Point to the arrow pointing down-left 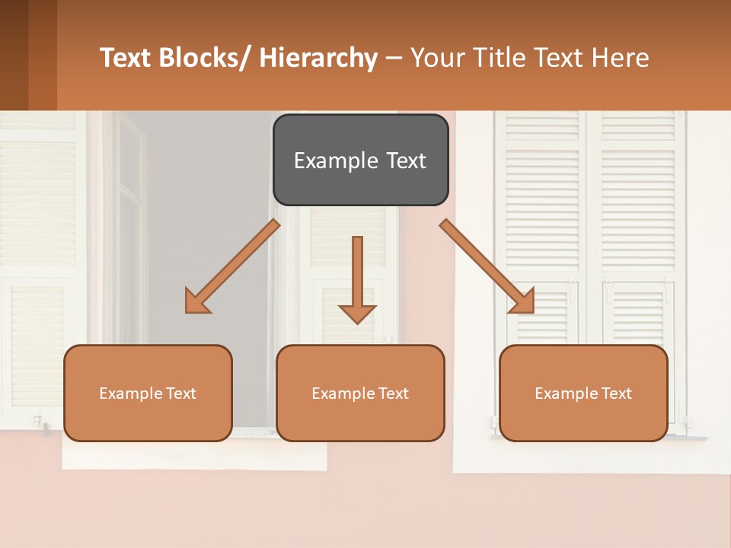(233, 266)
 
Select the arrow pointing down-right (487, 266)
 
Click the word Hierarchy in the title (318, 58)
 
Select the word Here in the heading (621, 58)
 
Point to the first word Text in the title (126, 58)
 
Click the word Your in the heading (436, 58)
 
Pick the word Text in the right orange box (617, 393)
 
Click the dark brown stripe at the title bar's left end (14, 55)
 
